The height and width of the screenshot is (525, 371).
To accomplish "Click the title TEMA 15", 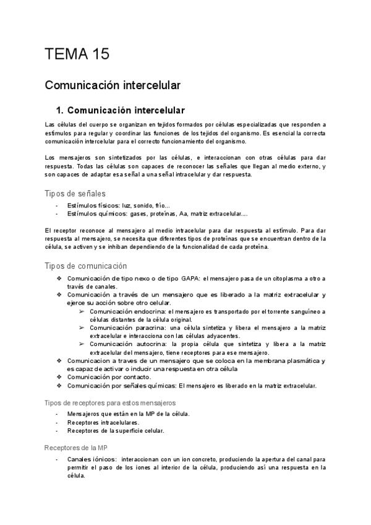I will tap(77, 54).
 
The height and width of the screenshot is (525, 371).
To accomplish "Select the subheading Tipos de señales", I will tap(75, 194).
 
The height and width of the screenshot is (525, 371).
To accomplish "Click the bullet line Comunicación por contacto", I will tap(108, 376).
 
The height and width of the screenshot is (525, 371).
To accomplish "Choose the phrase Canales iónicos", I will tap(92, 460).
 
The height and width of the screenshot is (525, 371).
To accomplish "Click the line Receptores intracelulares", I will tap(103, 422).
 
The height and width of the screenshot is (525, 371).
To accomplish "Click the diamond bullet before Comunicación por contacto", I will tap(59, 376).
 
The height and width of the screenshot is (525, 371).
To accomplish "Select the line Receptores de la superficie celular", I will tap(116, 431).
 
